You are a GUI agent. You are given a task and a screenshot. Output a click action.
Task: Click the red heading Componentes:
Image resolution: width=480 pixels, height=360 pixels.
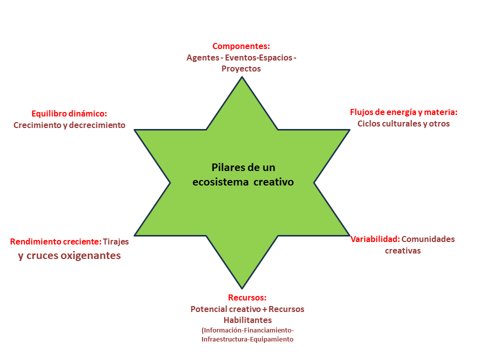(x=241, y=46)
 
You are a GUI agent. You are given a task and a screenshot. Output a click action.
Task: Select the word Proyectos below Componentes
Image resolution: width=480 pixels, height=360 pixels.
(x=241, y=68)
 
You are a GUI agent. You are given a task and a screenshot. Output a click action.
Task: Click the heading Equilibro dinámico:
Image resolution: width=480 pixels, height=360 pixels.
(x=69, y=113)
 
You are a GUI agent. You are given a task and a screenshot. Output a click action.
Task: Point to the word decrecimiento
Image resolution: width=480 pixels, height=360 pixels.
(x=100, y=125)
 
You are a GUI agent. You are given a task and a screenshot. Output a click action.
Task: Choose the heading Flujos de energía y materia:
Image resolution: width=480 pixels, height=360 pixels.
(x=403, y=112)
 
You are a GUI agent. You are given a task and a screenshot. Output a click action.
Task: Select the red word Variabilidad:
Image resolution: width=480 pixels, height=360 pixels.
(x=374, y=239)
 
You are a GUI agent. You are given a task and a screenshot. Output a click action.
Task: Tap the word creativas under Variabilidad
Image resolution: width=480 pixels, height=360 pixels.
(x=402, y=250)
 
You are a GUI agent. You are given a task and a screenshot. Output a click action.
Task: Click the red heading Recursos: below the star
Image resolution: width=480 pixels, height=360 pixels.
(x=247, y=297)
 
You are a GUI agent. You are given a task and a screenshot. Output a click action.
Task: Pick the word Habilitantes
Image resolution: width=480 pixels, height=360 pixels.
(x=247, y=320)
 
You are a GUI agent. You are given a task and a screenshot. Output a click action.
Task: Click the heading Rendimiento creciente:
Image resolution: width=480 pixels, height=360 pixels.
(x=55, y=241)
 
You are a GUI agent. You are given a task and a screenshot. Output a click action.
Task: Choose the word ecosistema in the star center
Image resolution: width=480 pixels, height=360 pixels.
(x=220, y=182)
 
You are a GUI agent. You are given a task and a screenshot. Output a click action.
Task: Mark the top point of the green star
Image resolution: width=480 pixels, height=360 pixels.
(x=242, y=77)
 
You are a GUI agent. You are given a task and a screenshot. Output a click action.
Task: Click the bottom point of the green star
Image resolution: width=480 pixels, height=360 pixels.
(x=242, y=287)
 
